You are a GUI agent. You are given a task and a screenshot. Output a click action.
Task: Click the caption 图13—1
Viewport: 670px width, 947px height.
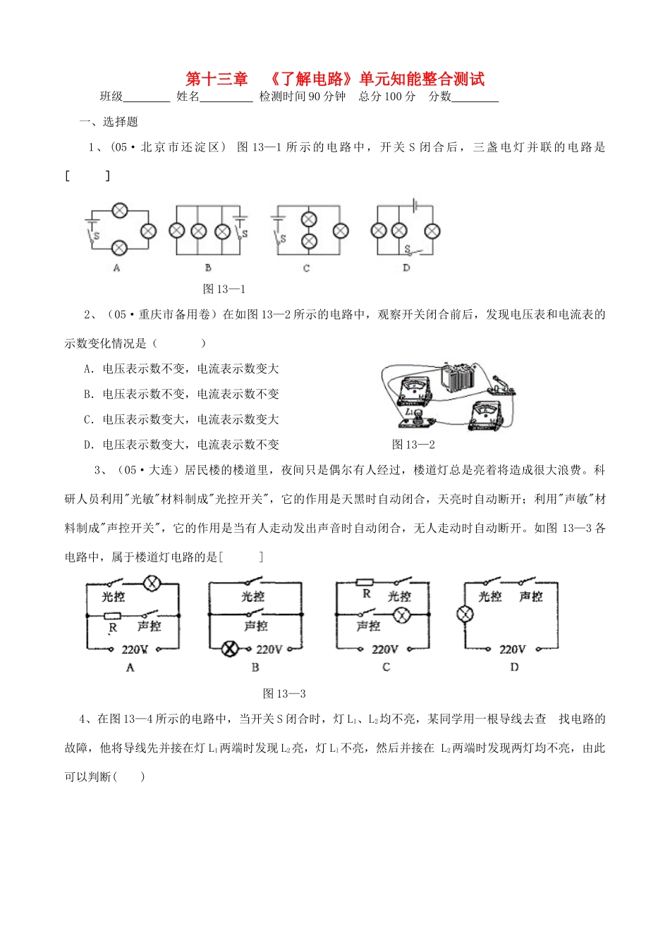tap(224, 289)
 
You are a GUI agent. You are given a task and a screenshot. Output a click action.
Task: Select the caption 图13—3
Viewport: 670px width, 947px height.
tap(284, 694)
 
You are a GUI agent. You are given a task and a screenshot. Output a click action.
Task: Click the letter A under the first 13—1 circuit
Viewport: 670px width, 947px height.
tap(116, 268)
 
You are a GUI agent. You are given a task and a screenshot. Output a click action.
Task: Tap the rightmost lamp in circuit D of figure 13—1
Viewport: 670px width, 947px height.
tap(432, 230)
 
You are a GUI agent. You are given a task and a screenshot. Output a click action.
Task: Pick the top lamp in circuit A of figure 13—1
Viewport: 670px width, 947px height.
tap(120, 210)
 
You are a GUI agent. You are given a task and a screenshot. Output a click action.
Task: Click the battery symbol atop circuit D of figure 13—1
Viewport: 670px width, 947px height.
tap(416, 206)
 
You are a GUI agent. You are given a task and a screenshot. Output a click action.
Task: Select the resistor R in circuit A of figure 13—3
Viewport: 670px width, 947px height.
tap(112, 615)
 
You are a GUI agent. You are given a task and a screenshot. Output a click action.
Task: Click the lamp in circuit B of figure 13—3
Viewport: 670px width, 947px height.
tap(230, 649)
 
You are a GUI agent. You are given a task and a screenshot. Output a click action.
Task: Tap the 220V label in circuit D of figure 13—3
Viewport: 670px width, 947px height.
tap(512, 649)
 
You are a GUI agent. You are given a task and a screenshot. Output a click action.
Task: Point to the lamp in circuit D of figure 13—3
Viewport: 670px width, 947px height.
tap(465, 614)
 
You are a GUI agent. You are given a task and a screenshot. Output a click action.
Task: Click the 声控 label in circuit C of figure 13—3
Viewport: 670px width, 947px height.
tap(368, 626)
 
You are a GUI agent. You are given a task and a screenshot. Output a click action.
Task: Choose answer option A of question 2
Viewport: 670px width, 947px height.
tap(181, 369)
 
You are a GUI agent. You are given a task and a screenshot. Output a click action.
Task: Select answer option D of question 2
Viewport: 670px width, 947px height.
tap(181, 445)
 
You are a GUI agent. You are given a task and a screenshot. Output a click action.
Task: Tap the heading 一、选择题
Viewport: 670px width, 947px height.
tap(109, 122)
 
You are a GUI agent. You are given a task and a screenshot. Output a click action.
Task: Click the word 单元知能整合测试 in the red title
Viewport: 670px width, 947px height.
tap(422, 79)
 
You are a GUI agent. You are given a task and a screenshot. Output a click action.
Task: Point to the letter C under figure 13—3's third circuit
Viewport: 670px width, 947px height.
tap(386, 667)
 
